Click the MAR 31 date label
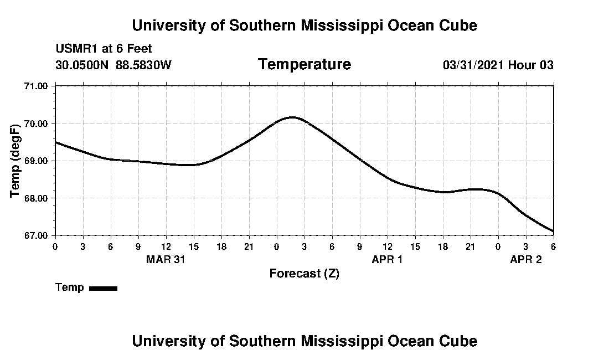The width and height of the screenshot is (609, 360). [x=166, y=259]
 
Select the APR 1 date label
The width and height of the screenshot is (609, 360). [x=387, y=259]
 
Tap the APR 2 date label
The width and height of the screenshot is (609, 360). [x=525, y=259]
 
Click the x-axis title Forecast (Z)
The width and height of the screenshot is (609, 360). [x=304, y=274]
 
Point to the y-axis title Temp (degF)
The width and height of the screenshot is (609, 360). [x=16, y=161]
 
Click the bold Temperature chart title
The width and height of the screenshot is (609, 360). [x=304, y=65]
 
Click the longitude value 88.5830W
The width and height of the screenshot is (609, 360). [x=143, y=65]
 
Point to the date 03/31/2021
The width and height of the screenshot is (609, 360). [x=473, y=65]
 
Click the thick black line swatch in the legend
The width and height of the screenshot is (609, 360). [x=103, y=288]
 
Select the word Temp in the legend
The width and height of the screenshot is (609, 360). [x=70, y=287]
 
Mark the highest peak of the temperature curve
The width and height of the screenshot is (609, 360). [x=292, y=117]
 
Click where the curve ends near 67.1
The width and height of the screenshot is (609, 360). [x=553, y=232]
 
